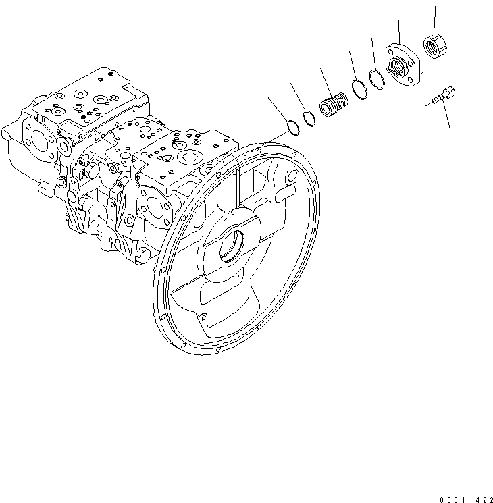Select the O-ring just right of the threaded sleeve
coord(358,90)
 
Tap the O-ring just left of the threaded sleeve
coord(308,117)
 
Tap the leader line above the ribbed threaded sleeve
coord(327,80)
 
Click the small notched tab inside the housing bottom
coord(200,315)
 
